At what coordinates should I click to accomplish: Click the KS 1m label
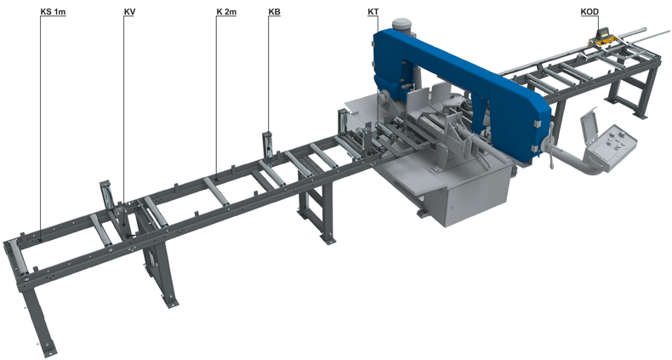coord(53,12)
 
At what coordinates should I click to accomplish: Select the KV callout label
coord(129,12)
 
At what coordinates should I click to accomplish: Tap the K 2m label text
coord(226,12)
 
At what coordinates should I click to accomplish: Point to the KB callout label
coord(274,12)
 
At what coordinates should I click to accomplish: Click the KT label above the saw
coord(373,12)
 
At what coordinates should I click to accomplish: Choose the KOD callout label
coord(589,12)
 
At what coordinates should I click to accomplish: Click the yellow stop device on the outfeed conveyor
coord(603,38)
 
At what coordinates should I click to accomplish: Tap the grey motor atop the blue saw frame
coord(401,25)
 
